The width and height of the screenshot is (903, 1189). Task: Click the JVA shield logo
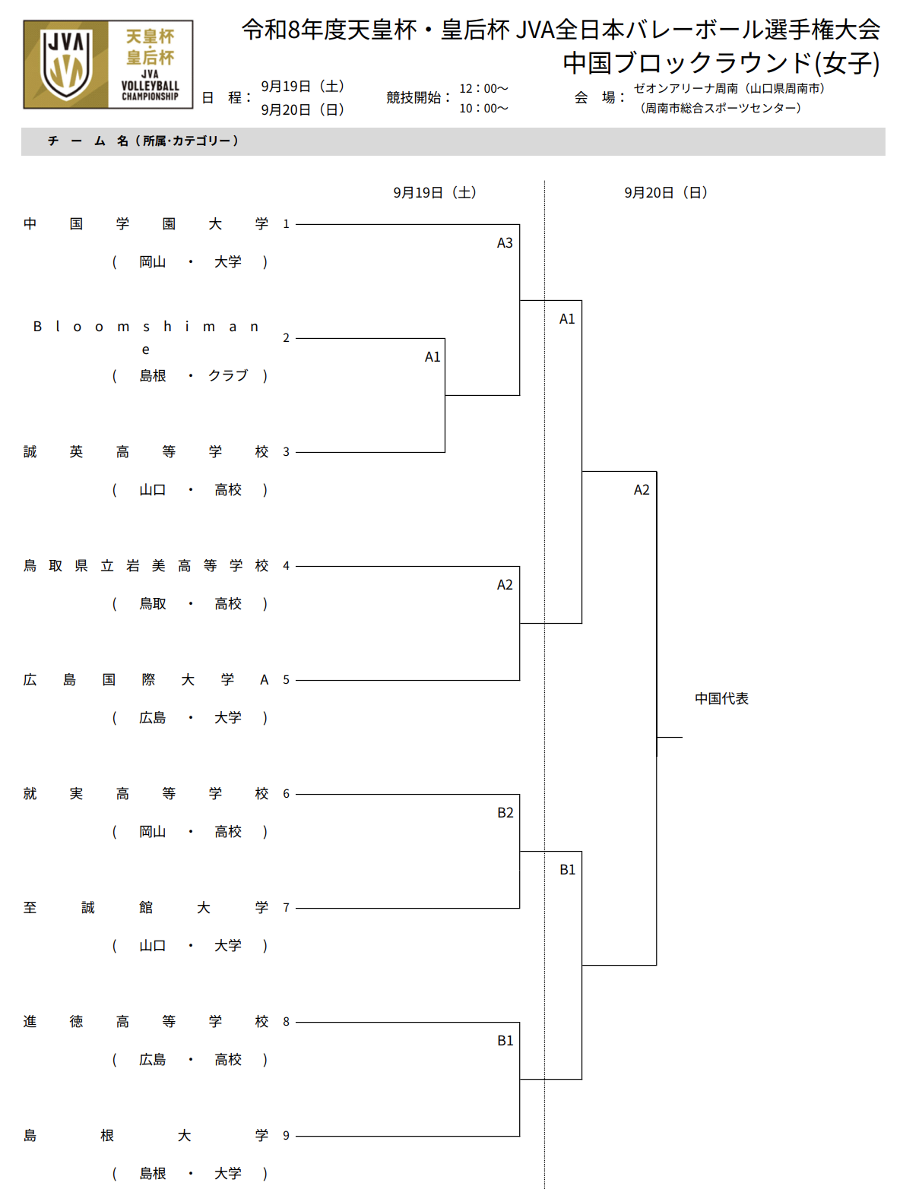coord(67,65)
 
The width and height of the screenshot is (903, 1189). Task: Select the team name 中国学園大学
coord(145,223)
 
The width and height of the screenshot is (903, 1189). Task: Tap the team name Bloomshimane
coord(145,337)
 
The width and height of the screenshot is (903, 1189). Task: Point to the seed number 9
coord(286,1135)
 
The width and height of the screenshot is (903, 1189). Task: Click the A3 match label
coord(504,242)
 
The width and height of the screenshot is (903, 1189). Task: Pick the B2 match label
coord(505,812)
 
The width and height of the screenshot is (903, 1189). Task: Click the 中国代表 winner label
coord(721,698)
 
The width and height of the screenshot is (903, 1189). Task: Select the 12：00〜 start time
coord(483,88)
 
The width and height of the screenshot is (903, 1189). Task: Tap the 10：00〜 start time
coord(483,109)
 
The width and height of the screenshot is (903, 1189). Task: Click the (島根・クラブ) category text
coord(189,375)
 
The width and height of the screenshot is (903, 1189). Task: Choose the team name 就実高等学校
coord(145,794)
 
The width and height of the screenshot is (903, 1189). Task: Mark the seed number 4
coord(286,565)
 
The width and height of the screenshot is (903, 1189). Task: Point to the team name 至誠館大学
coord(145,907)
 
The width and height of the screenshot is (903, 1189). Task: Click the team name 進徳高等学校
coord(145,1022)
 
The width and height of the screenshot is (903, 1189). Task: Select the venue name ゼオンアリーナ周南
coord(686,88)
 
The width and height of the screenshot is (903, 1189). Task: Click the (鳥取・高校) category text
coord(189,603)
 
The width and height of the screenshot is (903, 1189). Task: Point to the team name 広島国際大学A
coord(145,680)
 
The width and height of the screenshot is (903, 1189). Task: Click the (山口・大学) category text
coord(189,945)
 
